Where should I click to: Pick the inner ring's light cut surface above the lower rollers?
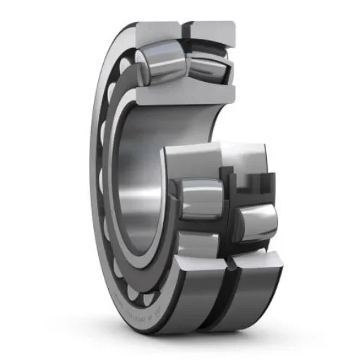tap(205, 159)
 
